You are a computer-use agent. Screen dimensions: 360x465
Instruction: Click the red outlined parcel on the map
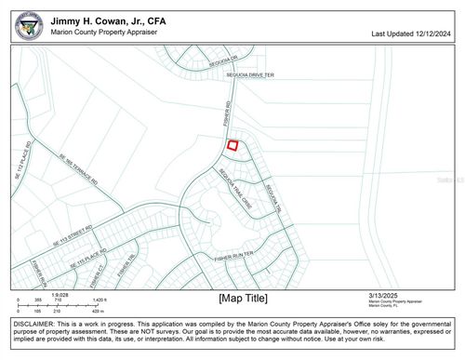[232, 144]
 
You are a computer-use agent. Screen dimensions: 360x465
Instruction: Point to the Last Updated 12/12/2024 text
[410, 33]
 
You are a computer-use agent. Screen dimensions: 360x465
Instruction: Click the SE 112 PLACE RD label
[23, 161]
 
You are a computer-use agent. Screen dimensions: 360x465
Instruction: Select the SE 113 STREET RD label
[73, 233]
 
